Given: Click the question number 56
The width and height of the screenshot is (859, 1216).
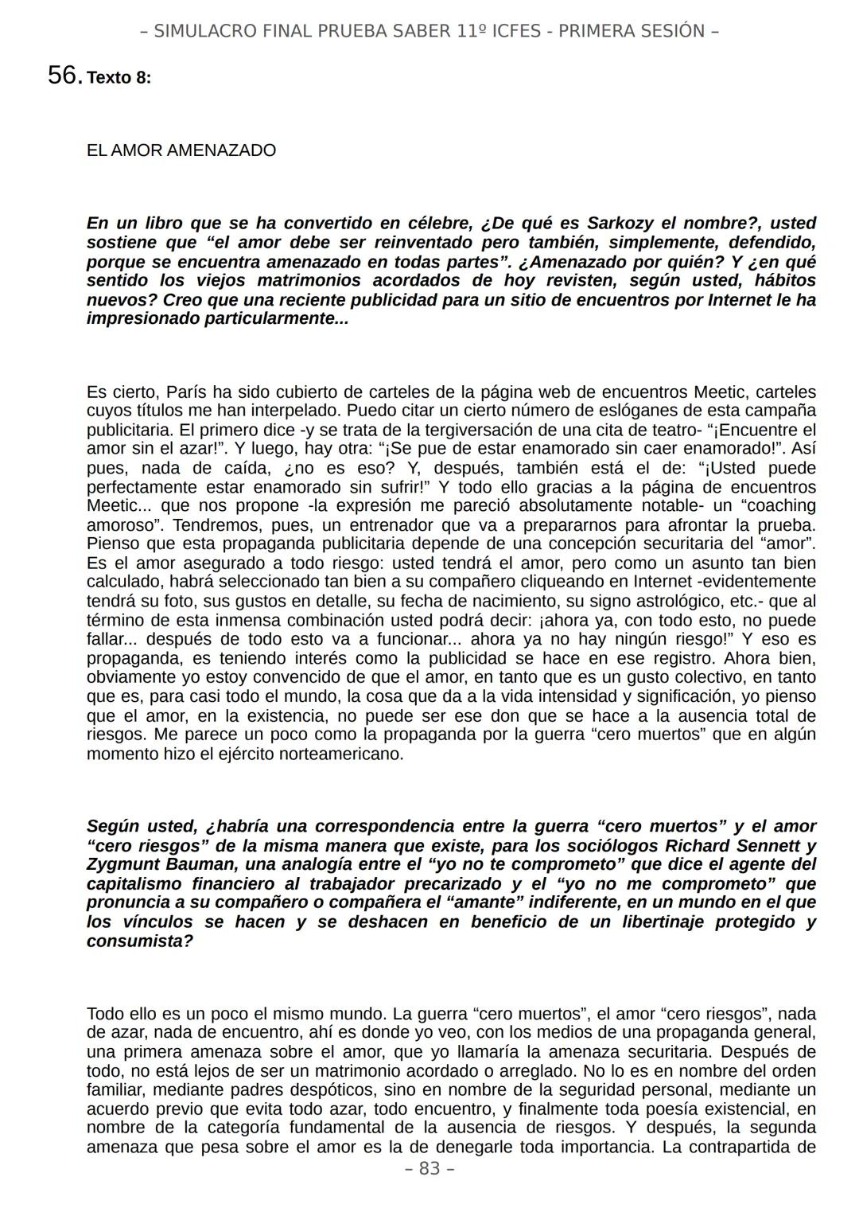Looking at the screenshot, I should click(64, 76).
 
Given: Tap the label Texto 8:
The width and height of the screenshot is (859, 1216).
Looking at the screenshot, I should click(119, 78).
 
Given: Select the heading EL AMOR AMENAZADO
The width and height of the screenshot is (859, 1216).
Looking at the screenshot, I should click(181, 150).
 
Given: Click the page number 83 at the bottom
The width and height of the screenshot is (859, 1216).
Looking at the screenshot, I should click(429, 1168).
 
